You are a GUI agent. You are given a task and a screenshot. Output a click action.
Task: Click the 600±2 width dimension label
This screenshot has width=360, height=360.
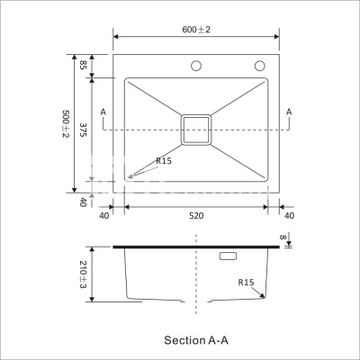click(196, 30)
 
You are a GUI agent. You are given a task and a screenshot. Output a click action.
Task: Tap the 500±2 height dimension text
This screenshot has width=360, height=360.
click(66, 123)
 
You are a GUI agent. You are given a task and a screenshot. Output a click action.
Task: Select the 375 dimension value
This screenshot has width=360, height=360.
click(83, 130)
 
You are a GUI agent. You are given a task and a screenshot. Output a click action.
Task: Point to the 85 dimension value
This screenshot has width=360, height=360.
click(83, 65)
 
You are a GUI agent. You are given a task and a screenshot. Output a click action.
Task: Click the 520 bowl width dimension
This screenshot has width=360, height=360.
click(196, 216)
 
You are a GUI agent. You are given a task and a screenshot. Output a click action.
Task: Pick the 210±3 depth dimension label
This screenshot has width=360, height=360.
click(83, 274)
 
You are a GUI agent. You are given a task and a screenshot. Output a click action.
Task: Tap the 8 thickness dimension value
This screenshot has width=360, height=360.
click(283, 237)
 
